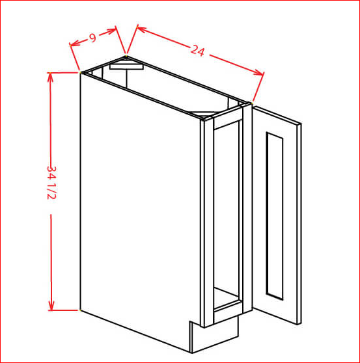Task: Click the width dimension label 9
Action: (x=93, y=38)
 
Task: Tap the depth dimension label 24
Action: (x=198, y=51)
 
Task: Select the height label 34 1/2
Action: (x=51, y=183)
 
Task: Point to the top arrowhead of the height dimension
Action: (x=50, y=77)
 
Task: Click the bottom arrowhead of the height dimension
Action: (x=51, y=306)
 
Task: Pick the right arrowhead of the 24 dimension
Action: (x=258, y=73)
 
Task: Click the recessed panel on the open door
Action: (x=275, y=216)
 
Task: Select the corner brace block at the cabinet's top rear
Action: (x=126, y=66)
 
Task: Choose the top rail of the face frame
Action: (x=228, y=120)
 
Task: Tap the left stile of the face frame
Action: (x=209, y=222)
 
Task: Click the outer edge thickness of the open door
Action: (x=299, y=224)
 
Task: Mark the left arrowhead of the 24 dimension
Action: (x=141, y=29)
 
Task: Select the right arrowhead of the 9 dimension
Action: (x=111, y=31)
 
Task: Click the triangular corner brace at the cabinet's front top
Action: (x=203, y=114)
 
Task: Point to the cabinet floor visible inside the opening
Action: (x=226, y=297)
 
